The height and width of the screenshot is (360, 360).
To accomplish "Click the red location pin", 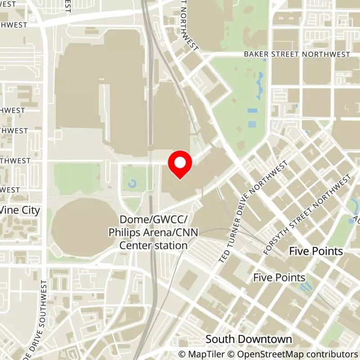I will tap(180, 164).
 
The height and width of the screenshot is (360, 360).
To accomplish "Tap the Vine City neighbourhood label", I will tap(20, 210).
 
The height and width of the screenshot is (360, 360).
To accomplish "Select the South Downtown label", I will tap(249, 339).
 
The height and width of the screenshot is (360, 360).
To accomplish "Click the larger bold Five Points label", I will tap(316, 251).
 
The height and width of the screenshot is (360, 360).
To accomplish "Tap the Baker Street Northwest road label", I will tap(297, 54).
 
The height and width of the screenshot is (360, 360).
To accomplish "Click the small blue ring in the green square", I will tap(132, 183).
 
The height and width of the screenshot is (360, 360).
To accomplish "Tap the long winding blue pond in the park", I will tap(260, 85).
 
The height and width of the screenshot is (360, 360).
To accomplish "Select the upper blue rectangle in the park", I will tap(252, 111).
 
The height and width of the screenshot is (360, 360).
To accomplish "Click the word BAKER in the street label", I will tap(256, 54).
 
